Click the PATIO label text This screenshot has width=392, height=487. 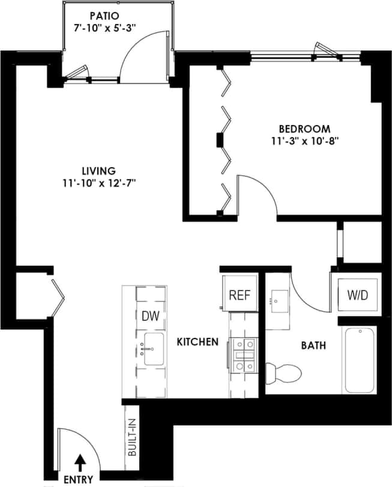(x=104, y=14)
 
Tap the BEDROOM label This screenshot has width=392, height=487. (x=304, y=129)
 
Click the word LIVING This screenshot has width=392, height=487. (x=99, y=171)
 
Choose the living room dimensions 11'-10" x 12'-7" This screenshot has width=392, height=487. (x=99, y=183)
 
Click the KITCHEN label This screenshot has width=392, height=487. (x=197, y=342)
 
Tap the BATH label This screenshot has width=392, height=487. (x=313, y=346)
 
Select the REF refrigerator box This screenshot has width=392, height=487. (x=240, y=296)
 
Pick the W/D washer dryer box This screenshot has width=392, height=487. (x=357, y=296)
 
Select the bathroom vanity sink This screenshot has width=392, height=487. (x=279, y=299)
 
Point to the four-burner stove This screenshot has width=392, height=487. (x=243, y=354)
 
